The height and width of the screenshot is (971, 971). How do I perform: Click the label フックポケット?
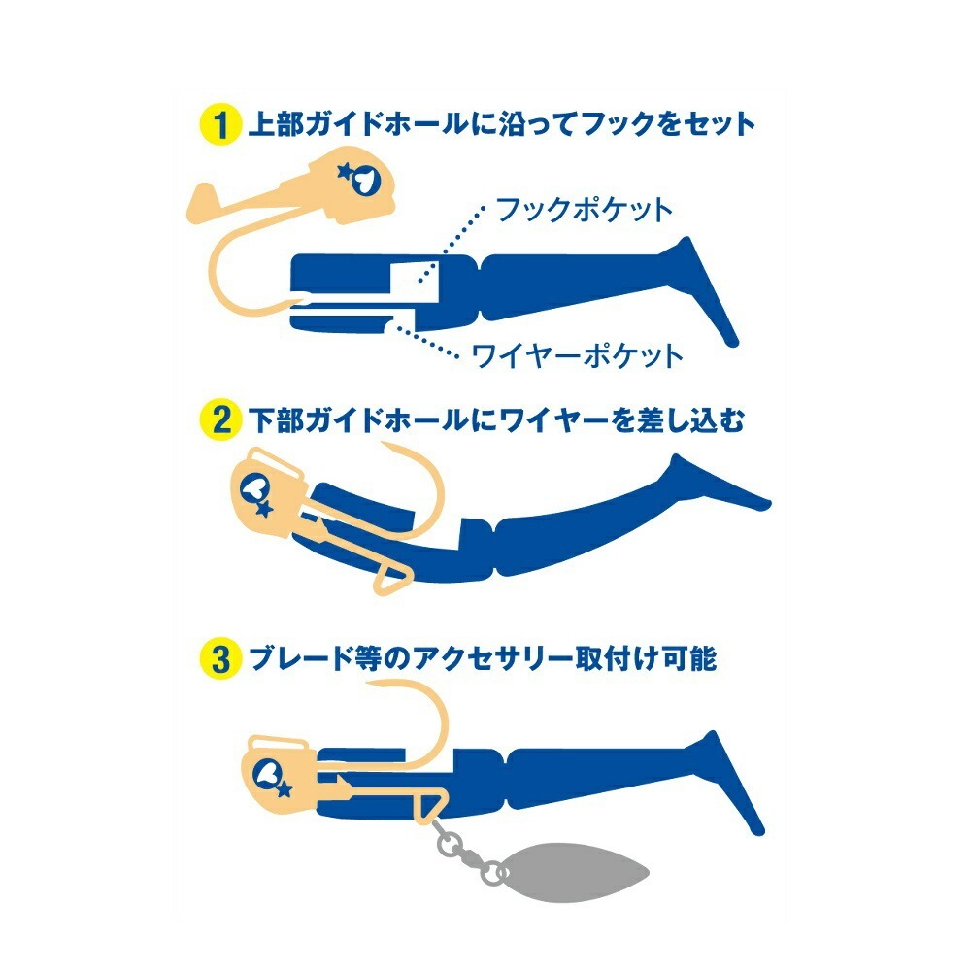point(584,210)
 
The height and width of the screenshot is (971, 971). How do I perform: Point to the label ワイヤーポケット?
point(577,355)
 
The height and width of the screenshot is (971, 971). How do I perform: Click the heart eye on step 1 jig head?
point(363,180)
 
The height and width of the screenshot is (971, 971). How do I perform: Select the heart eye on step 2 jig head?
point(253,489)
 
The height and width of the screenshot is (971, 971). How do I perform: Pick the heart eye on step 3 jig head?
point(270,772)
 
